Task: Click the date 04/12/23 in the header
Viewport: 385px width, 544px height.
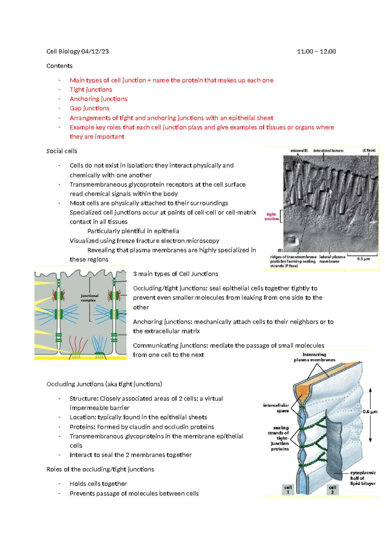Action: [x=95, y=51]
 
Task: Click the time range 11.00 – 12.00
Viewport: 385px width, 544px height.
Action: [x=316, y=51]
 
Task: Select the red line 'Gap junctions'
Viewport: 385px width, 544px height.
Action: [x=90, y=108]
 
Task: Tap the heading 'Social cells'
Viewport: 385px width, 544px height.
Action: [x=62, y=151]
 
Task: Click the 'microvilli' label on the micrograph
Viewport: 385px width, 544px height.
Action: [x=299, y=150]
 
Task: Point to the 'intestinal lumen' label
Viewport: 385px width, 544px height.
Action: [x=328, y=150]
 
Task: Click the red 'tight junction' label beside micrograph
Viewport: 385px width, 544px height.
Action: [x=271, y=217]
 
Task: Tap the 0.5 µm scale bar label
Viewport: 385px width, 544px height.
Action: [x=364, y=259]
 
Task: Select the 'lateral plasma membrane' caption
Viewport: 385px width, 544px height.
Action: [x=332, y=259]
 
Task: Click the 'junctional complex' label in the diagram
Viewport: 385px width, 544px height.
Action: [x=89, y=298]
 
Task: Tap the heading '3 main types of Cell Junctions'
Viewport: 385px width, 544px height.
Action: [x=175, y=274]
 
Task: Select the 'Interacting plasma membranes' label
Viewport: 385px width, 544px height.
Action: [x=314, y=357]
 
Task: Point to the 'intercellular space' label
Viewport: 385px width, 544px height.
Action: [x=276, y=408]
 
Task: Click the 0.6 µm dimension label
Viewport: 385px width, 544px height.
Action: [x=370, y=412]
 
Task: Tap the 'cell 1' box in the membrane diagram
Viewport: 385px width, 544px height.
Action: [x=288, y=489]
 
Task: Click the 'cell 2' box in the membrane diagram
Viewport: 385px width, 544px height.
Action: [x=332, y=489]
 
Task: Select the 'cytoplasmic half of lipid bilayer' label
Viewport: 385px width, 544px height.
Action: [x=363, y=478]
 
